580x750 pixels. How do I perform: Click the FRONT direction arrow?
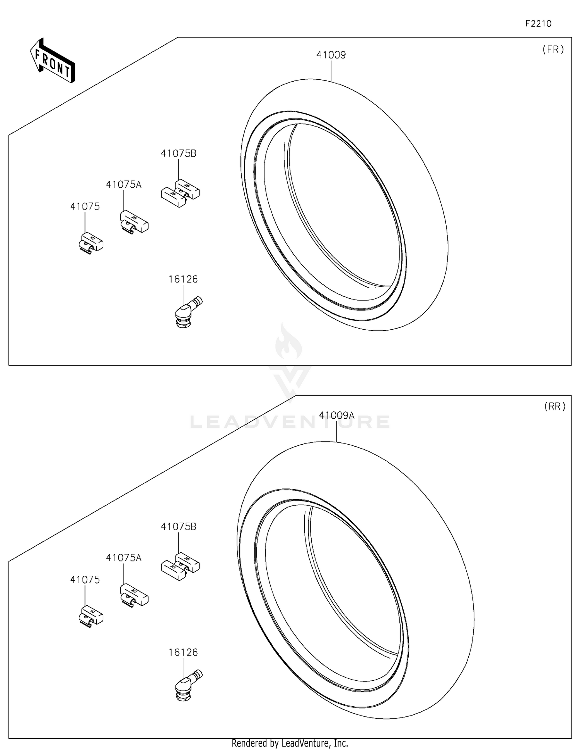[x=52, y=60]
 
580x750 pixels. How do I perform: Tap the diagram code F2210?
[x=538, y=24]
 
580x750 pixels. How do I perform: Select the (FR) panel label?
[x=553, y=50]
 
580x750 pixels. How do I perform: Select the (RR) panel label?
[x=555, y=406]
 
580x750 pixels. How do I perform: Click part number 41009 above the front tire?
[x=331, y=55]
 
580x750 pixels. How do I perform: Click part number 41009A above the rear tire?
[x=336, y=415]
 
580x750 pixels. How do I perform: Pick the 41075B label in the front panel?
[x=178, y=154]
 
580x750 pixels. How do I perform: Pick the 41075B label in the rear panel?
[x=178, y=527]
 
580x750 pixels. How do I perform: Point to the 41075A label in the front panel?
[x=124, y=185]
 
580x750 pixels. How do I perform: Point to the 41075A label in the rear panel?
[x=124, y=558]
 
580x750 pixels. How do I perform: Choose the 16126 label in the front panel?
[x=183, y=279]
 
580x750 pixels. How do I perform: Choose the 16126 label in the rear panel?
[x=183, y=652]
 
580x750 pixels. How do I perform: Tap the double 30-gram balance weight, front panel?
[x=180, y=192]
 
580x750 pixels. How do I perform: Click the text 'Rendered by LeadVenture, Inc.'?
[x=290, y=743]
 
